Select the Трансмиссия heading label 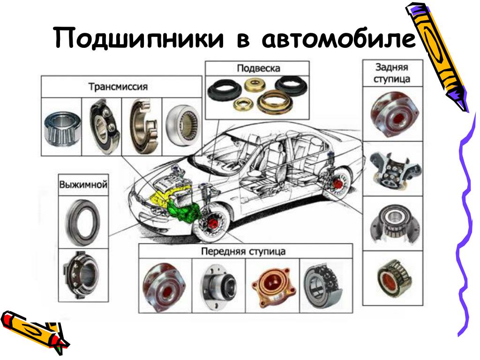118,87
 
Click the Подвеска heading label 258,68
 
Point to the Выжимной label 83,185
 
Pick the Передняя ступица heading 243,252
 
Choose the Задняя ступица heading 392,73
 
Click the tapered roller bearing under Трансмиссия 62,128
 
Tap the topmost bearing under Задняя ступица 393,114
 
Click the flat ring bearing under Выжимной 83,222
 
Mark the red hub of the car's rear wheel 337,184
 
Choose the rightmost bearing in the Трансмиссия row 183,126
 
